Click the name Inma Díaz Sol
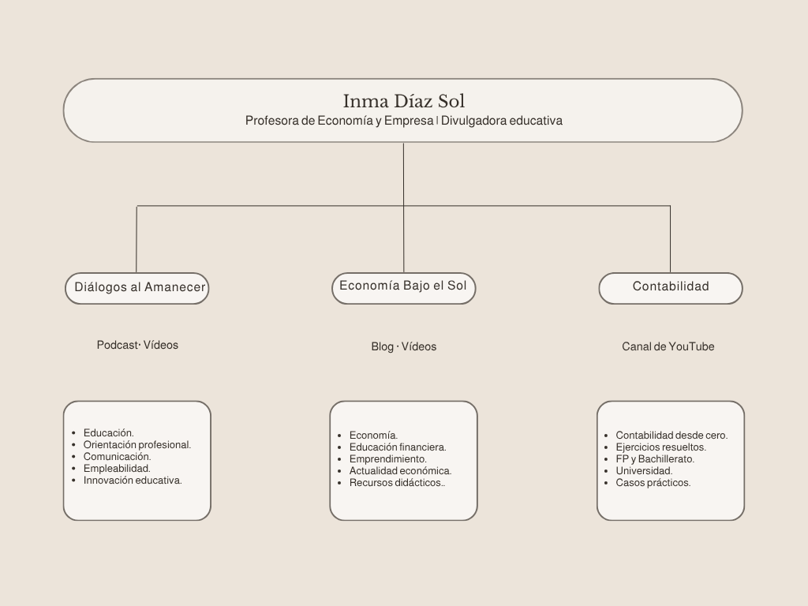[404, 101]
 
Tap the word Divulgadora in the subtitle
[473, 121]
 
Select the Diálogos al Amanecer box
[137, 288]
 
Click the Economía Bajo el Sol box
[403, 288]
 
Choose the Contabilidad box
[671, 288]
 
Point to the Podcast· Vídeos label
[137, 346]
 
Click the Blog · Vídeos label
[404, 347]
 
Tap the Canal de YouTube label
[668, 347]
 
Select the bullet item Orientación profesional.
[137, 445]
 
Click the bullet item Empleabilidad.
[117, 469]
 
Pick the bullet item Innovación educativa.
[133, 481]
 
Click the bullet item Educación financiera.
[398, 447]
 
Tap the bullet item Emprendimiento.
[388, 459]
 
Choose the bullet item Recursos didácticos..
[398, 483]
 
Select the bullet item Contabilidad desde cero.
[672, 436]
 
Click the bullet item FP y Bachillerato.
[655, 459]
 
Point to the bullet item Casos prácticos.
[653, 483]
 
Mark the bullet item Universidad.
[644, 471]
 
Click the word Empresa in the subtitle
[410, 121]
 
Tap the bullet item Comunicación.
[118, 457]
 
